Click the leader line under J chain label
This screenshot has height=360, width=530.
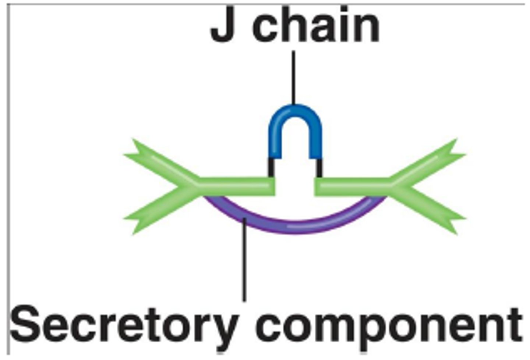pos(293,77)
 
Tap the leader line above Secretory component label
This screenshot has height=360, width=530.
pos(244,265)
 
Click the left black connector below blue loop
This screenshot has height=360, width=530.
pos(271,168)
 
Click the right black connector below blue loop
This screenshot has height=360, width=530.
pos(319,168)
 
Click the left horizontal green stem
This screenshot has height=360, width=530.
pos(236,186)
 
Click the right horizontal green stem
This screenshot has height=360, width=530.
pos(353,186)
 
